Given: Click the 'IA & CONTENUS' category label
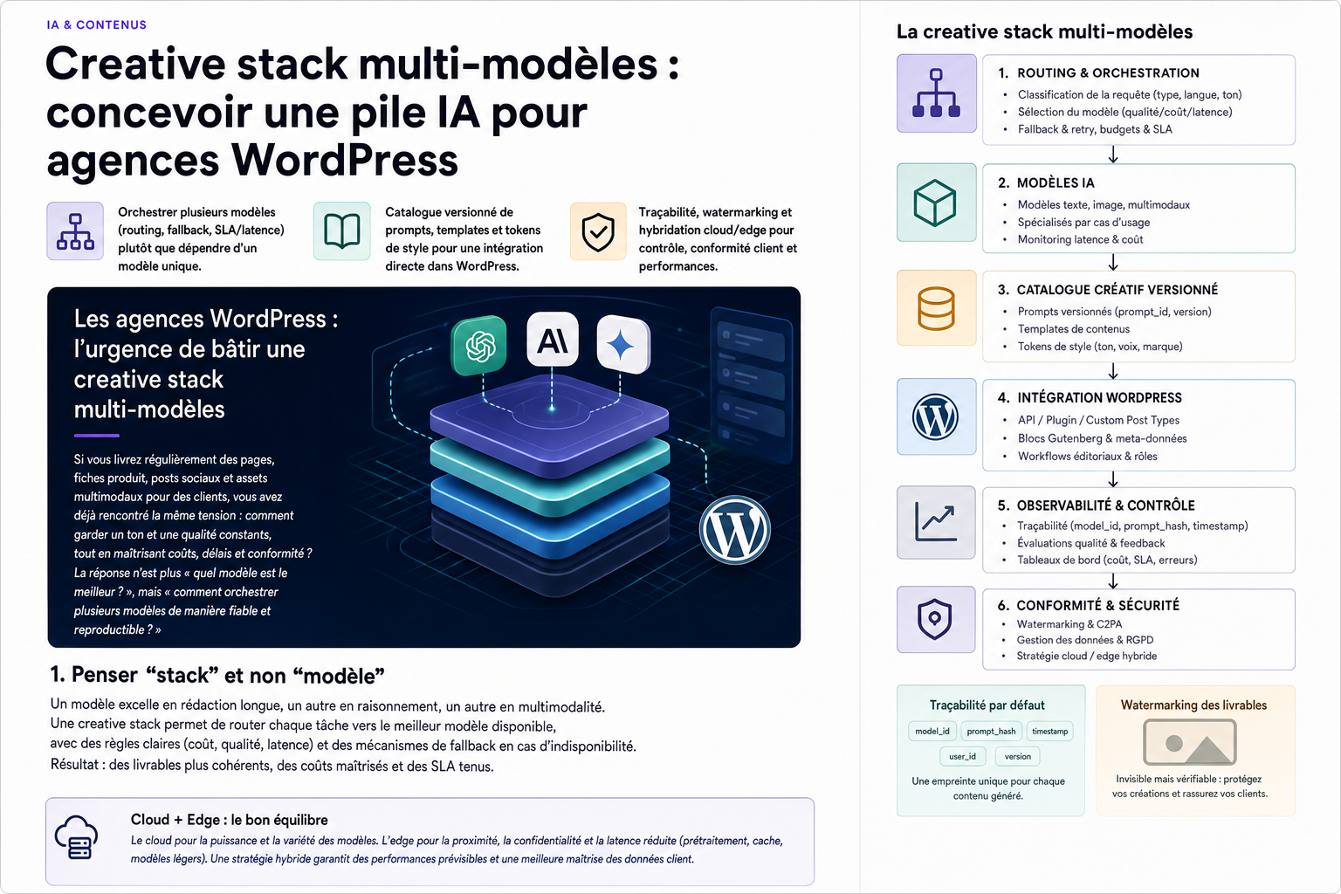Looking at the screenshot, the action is (x=96, y=24).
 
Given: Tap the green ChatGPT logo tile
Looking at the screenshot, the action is (x=479, y=346).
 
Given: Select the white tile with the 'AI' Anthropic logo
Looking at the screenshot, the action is (x=552, y=340).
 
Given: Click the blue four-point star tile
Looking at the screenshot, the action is (x=622, y=345).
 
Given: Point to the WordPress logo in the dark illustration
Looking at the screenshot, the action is (x=734, y=530).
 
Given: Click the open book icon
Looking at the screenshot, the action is (x=342, y=231).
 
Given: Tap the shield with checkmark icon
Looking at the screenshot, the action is (x=598, y=231).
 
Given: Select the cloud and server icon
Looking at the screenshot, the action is (x=76, y=837).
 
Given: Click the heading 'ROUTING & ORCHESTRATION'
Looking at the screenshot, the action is (x=1108, y=73).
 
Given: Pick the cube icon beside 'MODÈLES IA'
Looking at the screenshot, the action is (x=936, y=203).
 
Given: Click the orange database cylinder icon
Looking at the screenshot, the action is (x=936, y=308).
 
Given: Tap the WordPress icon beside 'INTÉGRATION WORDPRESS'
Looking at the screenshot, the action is (x=935, y=416).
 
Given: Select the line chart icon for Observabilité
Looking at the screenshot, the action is (x=936, y=522).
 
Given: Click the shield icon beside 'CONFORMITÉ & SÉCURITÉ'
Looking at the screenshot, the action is (x=934, y=619).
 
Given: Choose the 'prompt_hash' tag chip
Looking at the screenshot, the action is (x=991, y=731).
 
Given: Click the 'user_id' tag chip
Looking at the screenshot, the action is (x=962, y=756).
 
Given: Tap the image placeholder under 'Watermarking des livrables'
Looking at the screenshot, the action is (x=1190, y=742).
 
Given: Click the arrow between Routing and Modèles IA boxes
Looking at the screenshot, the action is (x=1113, y=155).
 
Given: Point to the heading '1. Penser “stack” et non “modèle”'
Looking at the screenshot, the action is (x=217, y=675).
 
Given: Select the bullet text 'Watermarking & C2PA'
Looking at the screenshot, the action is (x=1069, y=624).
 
